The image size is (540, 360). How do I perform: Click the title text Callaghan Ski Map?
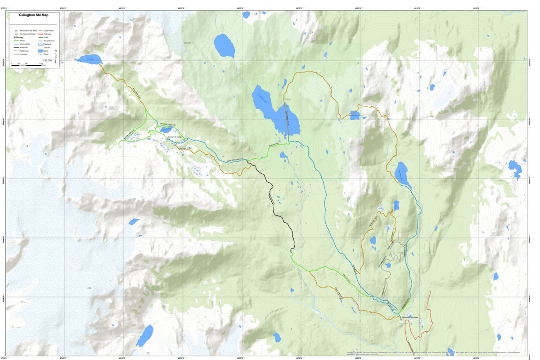click(x=34, y=14)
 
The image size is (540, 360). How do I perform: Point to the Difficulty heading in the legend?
click(x=19, y=37)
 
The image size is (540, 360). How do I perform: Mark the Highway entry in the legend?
click(x=41, y=34)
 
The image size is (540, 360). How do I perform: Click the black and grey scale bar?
click(x=27, y=64)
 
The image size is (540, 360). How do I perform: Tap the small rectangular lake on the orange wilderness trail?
click(x=354, y=115)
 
